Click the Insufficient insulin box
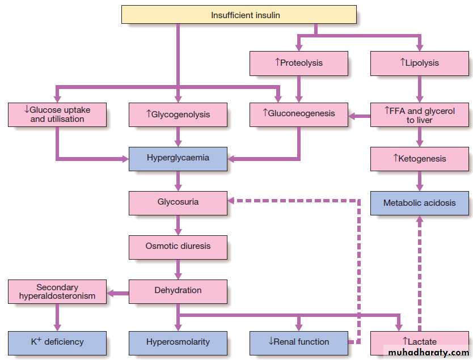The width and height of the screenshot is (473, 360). pos(239,15)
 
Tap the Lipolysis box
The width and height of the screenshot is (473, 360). pos(420,63)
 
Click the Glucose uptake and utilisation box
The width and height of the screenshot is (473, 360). pos(57,115)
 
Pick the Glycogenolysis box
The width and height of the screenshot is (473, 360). pos(178,115)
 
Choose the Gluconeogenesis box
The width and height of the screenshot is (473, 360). pos(299,113)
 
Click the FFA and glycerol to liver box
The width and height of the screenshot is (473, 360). pos(420,115)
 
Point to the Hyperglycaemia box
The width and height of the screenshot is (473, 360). pos(178,158)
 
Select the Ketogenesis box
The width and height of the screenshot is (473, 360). pos(420,159)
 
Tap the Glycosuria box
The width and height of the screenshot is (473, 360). pos(178,202)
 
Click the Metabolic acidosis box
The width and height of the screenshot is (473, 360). pos(420,203)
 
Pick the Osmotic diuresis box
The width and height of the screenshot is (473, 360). pos(178,247)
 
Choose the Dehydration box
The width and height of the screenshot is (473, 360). pos(178,291)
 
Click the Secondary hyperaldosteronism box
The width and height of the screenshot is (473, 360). pos(57,291)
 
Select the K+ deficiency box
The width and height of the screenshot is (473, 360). pos(57,342)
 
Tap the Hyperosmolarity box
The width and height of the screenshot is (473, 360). pos(178,342)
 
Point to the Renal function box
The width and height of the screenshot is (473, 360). pos(299,342)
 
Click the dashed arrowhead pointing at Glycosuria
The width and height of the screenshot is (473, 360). pos(231,200)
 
